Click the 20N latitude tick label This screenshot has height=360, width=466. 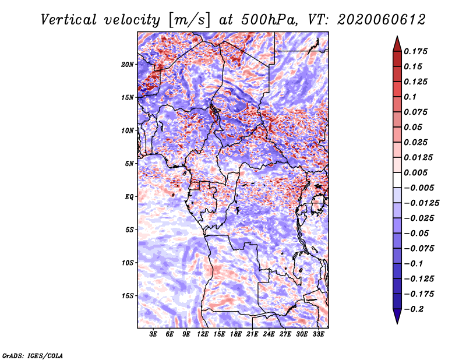coord(128,65)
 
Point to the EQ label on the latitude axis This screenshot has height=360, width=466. coord(129,197)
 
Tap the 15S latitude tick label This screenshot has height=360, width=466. coord(128,296)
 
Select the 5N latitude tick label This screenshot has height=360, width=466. coord(129,164)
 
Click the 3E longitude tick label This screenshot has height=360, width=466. coord(153,334)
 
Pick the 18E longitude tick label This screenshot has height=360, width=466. coord(236,334)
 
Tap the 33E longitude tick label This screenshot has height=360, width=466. coord(318,334)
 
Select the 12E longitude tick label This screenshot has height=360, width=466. coord(203,334)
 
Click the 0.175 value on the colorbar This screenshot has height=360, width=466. coord(415,51)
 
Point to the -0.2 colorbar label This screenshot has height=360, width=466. coord(414,309)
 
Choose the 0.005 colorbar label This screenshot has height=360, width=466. coord(415,172)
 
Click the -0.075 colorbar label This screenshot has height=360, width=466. coord(419,249)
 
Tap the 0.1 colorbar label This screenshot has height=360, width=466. coord(410,97)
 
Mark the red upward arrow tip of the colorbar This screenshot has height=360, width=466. coord(397,36)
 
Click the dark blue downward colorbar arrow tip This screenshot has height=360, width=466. coord(397,323)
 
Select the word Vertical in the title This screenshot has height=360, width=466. coord(69,20)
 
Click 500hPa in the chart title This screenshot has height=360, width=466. coord(270,20)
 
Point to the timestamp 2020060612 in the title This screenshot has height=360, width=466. coord(382,20)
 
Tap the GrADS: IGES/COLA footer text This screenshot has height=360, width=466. coord(33,355)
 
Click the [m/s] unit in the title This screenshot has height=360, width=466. coord(189,20)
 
